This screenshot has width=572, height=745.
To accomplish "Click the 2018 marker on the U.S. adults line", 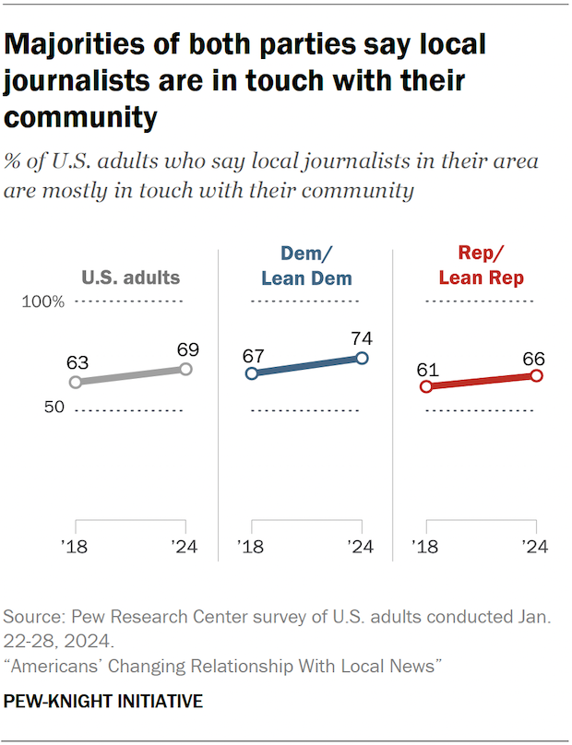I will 76,382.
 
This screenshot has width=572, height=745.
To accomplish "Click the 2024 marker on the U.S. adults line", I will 185,369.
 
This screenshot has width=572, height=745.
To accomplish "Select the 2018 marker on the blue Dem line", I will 251,373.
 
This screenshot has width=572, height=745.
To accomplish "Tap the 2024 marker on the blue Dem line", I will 362,358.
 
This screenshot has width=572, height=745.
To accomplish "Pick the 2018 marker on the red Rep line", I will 426,386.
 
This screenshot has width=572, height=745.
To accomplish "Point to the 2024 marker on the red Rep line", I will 537,375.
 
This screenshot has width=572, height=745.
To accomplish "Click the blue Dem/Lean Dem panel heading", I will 305,265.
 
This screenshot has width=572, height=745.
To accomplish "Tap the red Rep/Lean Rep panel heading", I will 481,265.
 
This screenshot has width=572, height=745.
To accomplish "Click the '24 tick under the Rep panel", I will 535,546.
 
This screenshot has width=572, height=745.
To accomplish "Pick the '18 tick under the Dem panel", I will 250,546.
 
